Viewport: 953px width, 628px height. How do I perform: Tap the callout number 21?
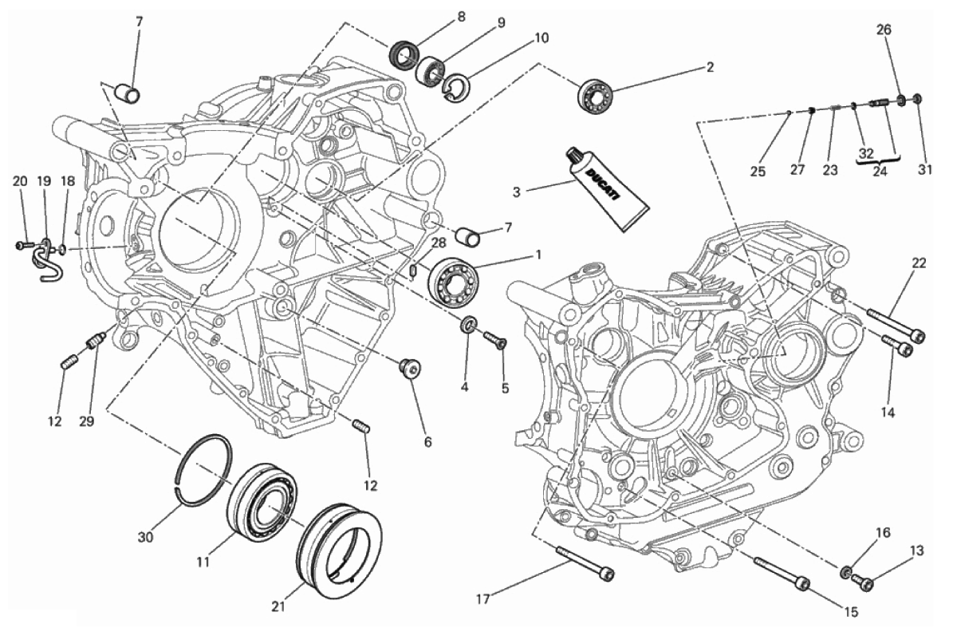point(278,606)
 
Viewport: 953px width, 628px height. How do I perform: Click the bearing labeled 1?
point(454,278)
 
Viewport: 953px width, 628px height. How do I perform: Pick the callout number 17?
point(482,599)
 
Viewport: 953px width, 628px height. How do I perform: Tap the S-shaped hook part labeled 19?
point(47,260)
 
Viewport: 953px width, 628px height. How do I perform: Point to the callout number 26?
point(884,29)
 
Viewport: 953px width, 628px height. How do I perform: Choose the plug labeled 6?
point(410,367)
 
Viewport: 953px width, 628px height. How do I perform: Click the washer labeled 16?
point(845,572)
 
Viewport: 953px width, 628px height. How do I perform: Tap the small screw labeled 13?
point(862,581)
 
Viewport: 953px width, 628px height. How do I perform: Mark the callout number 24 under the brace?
point(880,172)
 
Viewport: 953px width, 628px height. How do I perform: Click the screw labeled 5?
point(495,338)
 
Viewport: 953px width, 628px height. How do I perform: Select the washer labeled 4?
point(469,325)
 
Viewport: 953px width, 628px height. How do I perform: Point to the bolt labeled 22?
point(896,325)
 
